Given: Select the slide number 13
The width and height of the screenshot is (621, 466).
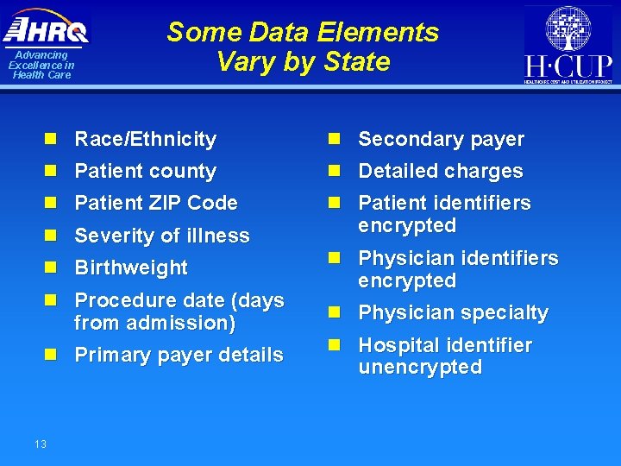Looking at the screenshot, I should tap(41, 444).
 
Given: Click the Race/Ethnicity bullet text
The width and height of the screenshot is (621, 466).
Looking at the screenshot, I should tap(145, 139).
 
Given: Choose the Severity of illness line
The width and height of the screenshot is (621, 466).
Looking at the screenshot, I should tap(162, 236).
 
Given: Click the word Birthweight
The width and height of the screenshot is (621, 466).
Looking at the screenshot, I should tap(131, 268).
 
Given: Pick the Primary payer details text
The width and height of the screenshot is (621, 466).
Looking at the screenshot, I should tap(179, 355).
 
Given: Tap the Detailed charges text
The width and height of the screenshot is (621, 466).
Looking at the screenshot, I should tap(440, 171).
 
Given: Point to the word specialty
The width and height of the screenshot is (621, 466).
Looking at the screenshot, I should tap(505, 312).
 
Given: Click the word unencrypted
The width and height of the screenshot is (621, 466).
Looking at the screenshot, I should tap(419, 367).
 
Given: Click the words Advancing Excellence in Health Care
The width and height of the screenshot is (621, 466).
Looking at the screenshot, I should tap(41, 65).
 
